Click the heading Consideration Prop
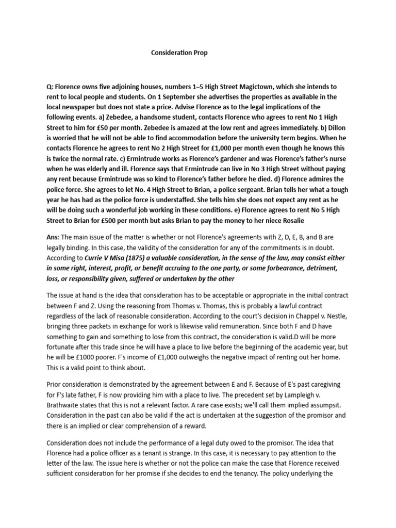(179, 53)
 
